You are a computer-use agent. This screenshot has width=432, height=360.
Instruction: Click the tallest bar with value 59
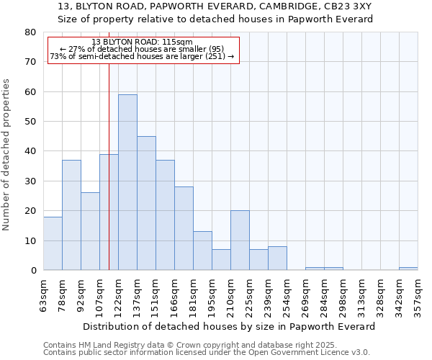pyautogui.click(x=127, y=182)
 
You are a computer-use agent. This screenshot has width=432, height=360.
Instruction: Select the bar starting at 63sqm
pyautogui.click(x=53, y=243)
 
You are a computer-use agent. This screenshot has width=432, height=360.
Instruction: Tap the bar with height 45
pyautogui.click(x=146, y=203)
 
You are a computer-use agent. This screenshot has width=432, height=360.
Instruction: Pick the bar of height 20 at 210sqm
pyautogui.click(x=240, y=240)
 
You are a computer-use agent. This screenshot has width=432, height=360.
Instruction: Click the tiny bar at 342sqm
pyautogui.click(x=408, y=269)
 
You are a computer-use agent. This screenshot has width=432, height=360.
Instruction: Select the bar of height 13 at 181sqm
pyautogui.click(x=202, y=251)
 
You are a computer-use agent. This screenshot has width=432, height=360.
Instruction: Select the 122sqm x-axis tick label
pyautogui.click(x=119, y=294)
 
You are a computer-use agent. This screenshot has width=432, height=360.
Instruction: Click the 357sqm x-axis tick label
pyautogui.click(x=418, y=294)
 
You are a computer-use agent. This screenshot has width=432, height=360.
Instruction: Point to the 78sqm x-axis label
pyautogui.click(x=63, y=294)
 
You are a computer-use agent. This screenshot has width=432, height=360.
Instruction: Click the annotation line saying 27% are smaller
pyautogui.click(x=142, y=49)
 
